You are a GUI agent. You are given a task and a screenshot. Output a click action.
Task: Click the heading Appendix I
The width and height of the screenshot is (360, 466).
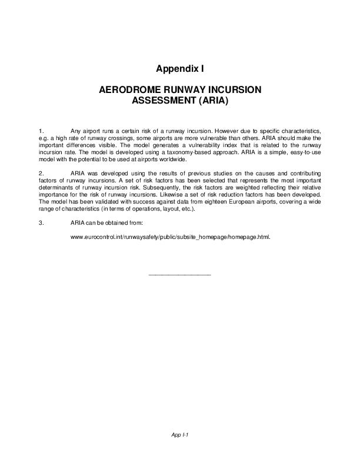[180, 69]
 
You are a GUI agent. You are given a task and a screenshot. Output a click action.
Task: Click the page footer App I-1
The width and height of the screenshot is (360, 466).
[180, 435]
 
